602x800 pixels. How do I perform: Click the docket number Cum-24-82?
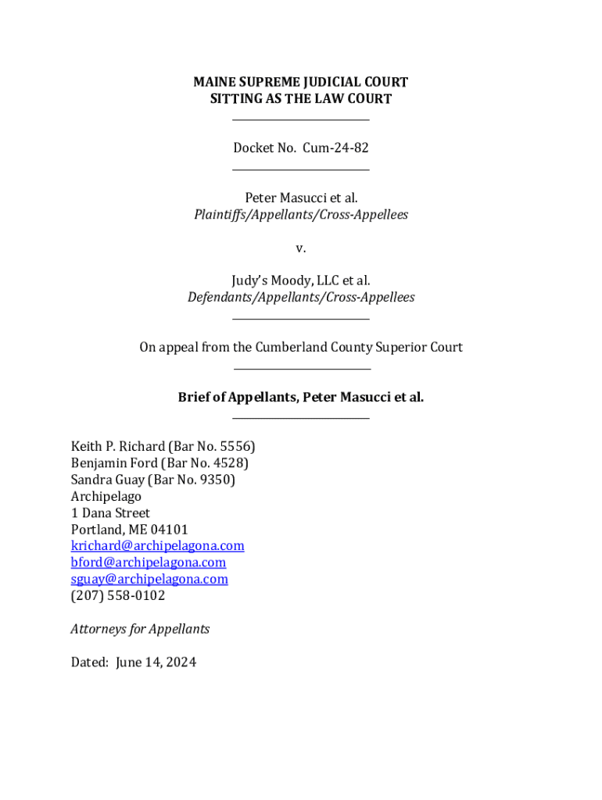coord(335,148)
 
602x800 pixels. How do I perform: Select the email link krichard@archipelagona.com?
coord(157,545)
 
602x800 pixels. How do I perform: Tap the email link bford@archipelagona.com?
coord(148,562)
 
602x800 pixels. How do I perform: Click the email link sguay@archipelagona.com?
coord(149,579)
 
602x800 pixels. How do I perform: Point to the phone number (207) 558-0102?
coord(118,595)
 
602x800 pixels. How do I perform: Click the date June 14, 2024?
coord(156,662)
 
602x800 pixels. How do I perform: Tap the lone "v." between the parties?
coord(301,248)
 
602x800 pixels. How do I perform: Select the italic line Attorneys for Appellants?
coord(140,629)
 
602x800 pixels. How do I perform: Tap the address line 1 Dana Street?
coord(110,513)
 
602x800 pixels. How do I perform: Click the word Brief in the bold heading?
coord(195,397)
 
